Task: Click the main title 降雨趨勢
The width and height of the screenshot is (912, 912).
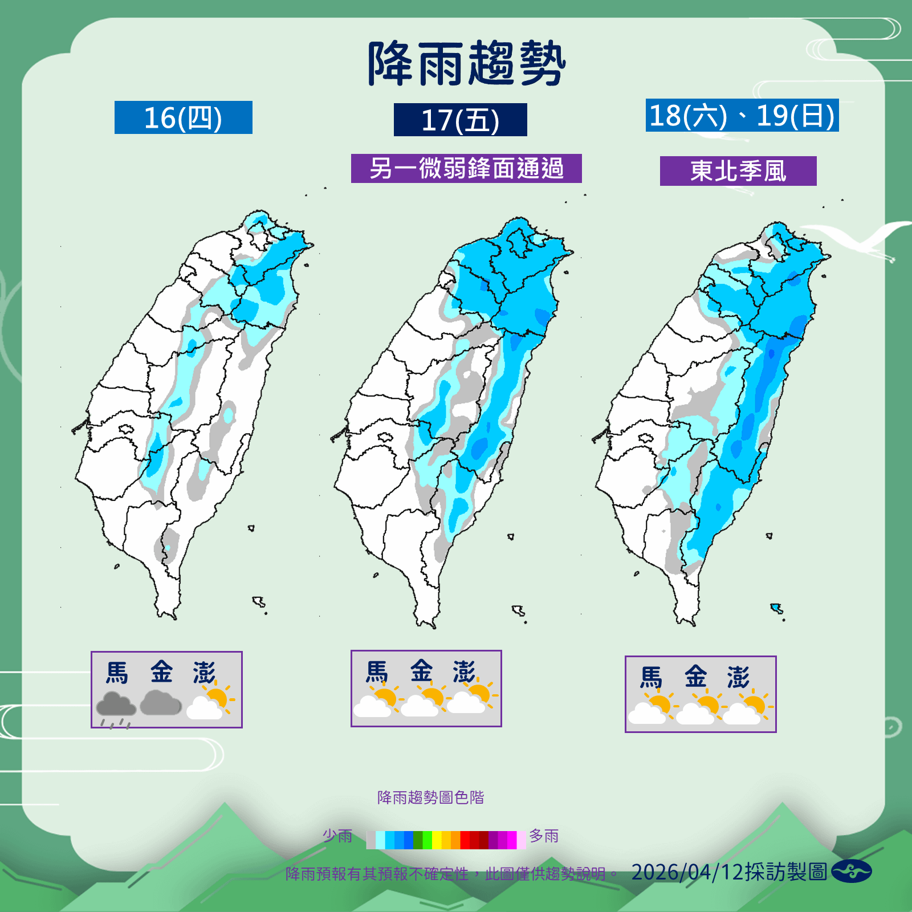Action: [x=466, y=63]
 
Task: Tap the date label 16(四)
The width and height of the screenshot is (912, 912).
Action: [x=183, y=118]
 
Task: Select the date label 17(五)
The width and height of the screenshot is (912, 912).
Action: [x=460, y=120]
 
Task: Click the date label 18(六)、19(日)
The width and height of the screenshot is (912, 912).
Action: [x=742, y=116]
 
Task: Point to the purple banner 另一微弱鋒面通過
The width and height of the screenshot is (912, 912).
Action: [x=466, y=169]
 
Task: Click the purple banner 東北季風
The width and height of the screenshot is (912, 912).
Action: [x=738, y=171]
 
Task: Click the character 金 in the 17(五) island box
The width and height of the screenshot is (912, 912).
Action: [x=421, y=671]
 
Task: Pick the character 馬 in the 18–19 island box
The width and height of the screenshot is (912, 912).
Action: [x=651, y=678]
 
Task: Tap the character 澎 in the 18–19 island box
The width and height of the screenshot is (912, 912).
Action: [x=738, y=677]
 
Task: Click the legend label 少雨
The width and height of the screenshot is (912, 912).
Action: [x=337, y=836]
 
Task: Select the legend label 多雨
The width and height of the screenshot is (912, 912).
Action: [x=544, y=836]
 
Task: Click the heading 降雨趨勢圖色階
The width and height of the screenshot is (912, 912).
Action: [x=430, y=797]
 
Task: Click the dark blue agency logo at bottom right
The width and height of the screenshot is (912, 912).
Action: [x=851, y=872]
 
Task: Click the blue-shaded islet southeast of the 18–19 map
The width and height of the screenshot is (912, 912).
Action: [x=776, y=608]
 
